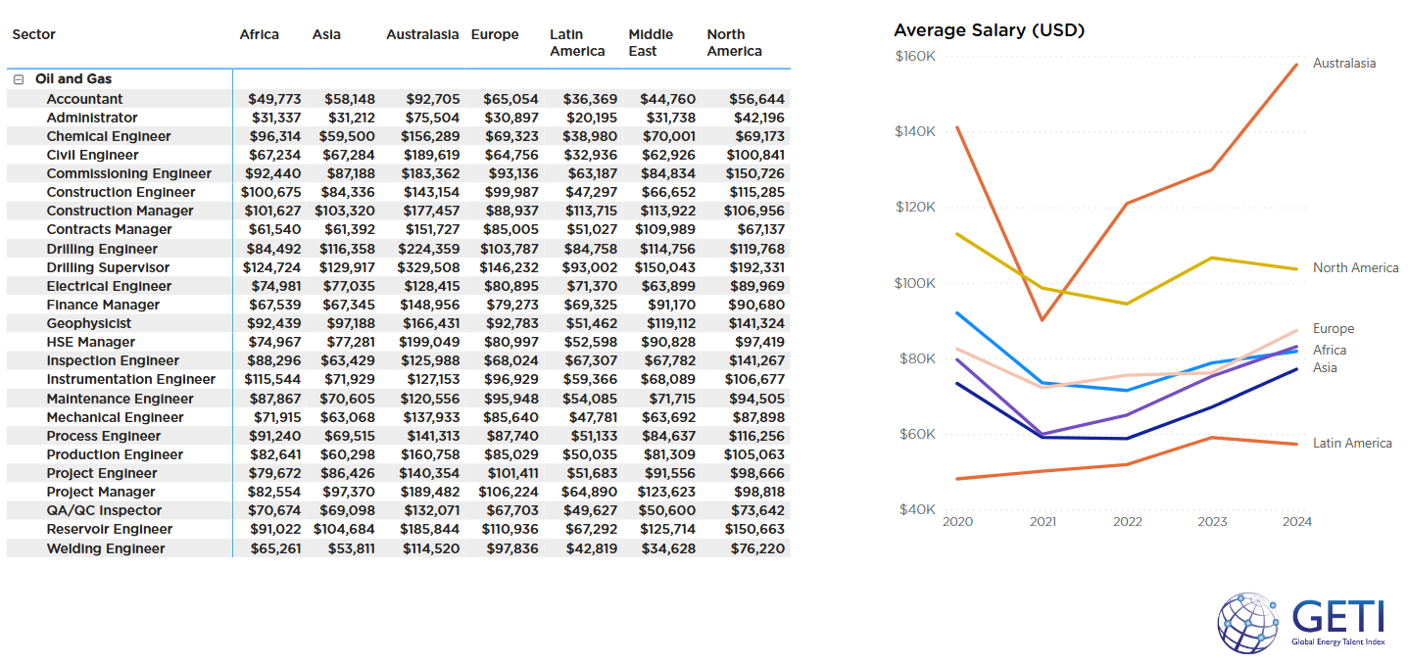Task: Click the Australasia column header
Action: point(422,34)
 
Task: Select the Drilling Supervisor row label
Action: point(108,267)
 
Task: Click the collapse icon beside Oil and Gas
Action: point(19,79)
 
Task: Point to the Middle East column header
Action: point(651,42)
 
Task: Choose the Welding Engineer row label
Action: point(106,548)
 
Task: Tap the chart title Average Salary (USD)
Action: point(989,30)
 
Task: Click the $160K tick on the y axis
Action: point(915,57)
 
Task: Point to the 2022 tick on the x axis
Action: point(1127,522)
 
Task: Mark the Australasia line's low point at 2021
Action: point(1043,320)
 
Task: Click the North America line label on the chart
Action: point(1355,268)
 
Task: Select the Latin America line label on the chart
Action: point(1352,444)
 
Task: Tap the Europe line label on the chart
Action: point(1334,329)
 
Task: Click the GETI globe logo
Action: point(1248,623)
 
